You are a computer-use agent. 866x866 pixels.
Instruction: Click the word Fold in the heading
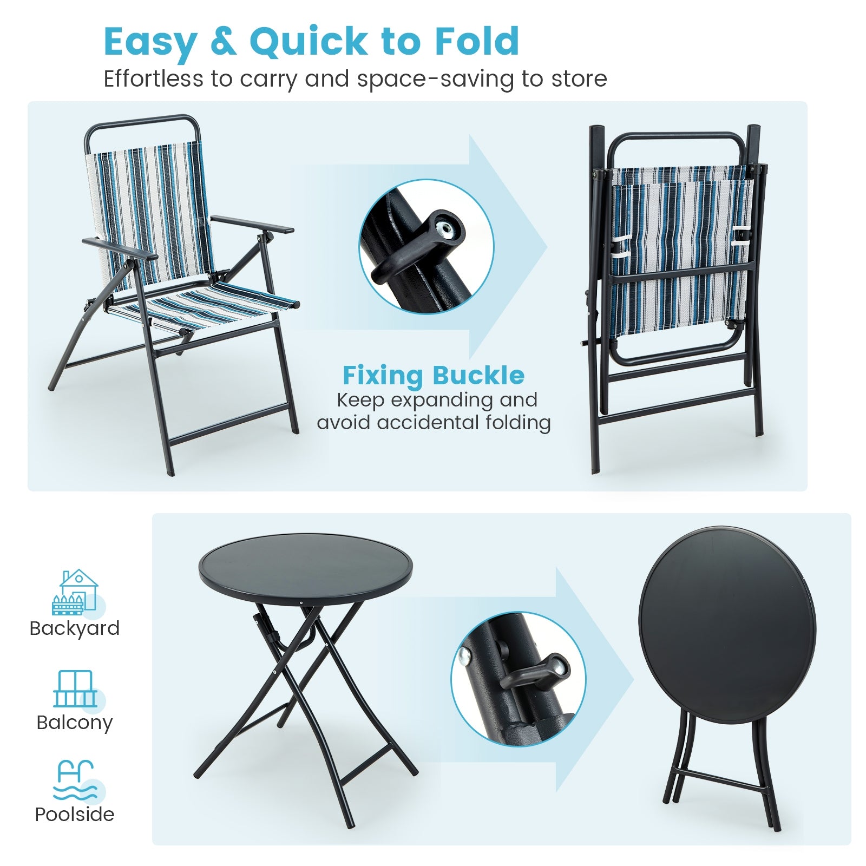tap(477, 42)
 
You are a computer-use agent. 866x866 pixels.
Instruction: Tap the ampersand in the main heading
tap(223, 42)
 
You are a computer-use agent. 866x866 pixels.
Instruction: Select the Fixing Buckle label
tap(433, 375)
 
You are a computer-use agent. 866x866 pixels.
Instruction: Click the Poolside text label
tap(75, 815)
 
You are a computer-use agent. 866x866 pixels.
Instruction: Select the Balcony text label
tap(75, 723)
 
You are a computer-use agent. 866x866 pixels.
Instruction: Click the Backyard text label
tap(75, 628)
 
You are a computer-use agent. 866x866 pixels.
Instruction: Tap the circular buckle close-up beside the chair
tap(426, 247)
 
